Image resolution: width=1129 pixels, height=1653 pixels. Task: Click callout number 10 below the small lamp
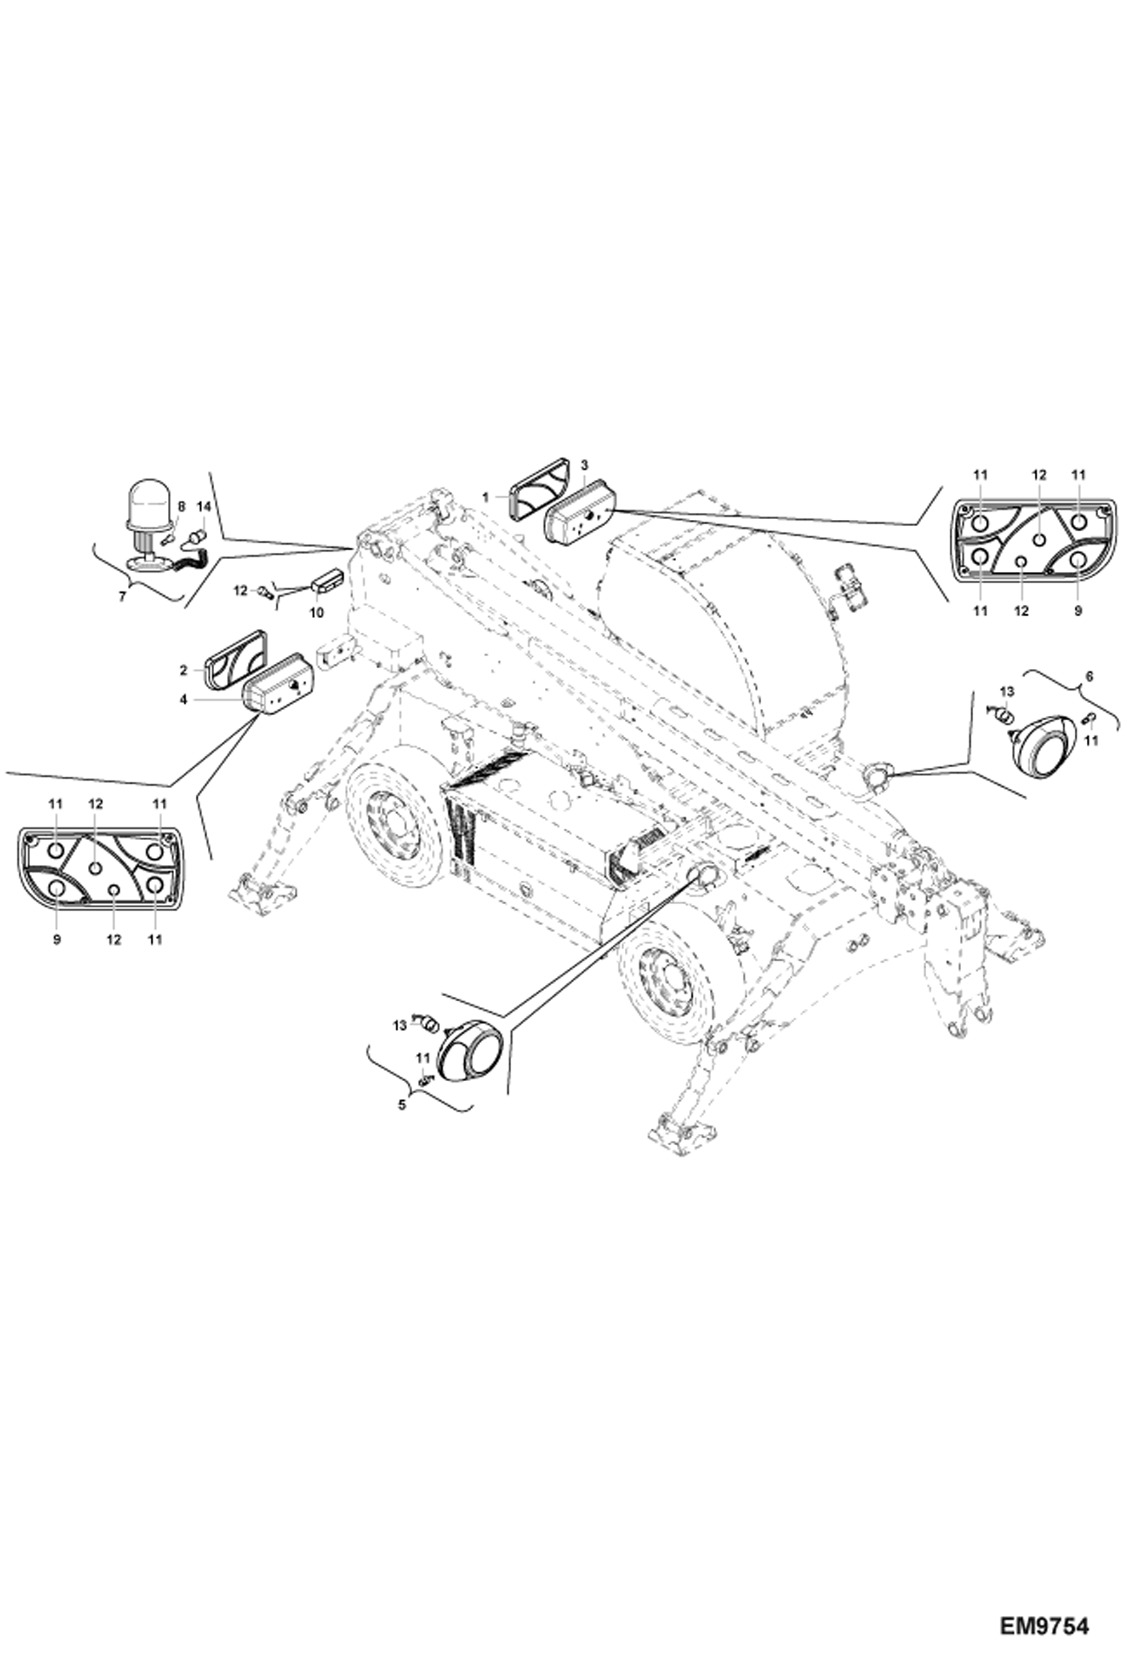tap(317, 613)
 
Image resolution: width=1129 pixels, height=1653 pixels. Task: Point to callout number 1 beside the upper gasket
tap(486, 498)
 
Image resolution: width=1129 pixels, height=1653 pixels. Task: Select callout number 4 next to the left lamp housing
tap(183, 698)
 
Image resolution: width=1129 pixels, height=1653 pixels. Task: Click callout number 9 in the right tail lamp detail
tap(1078, 611)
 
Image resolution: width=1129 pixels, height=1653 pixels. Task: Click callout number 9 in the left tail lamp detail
tap(57, 940)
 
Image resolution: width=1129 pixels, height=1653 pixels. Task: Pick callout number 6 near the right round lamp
tap(1086, 676)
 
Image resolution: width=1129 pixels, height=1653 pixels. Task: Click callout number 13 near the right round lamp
tap(1007, 691)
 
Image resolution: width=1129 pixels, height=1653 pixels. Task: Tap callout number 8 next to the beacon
tap(181, 508)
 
